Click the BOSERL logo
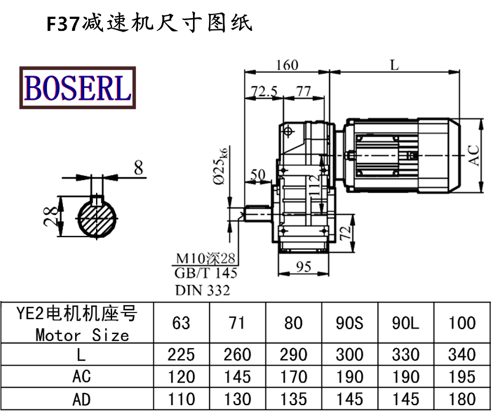tap(77, 87)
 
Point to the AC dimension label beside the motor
tap(473, 155)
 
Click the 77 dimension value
tap(303, 91)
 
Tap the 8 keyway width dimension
tap(138, 167)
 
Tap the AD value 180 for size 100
tap(462, 399)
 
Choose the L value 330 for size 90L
tap(406, 354)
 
